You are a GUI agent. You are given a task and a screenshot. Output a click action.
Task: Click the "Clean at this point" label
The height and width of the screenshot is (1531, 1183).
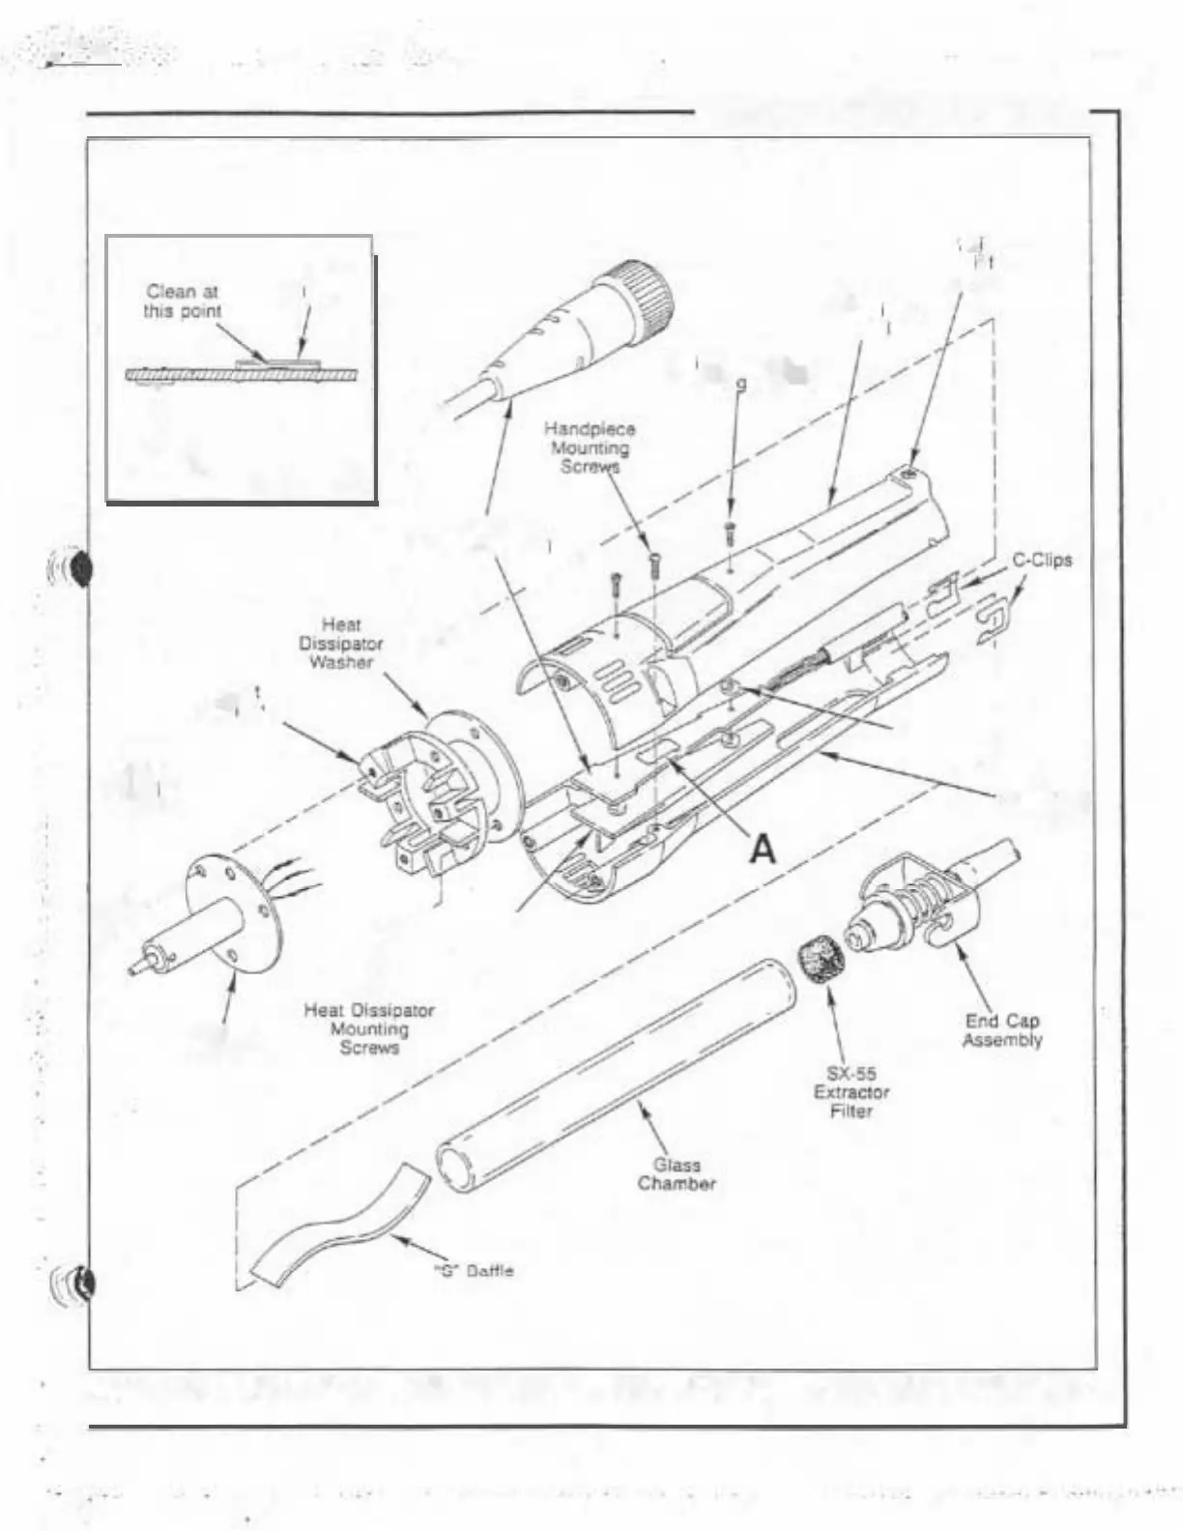(183, 301)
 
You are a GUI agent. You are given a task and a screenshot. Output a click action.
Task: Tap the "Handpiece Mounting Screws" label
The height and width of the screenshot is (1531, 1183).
(590, 448)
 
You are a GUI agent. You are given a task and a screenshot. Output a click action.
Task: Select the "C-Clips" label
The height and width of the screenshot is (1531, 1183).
(1042, 560)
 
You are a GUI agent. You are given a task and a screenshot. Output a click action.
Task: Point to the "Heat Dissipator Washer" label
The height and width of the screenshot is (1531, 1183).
(340, 644)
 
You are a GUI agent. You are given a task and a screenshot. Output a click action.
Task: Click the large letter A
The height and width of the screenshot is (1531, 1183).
(764, 849)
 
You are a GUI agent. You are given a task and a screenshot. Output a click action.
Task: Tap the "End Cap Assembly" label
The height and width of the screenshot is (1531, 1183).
(1002, 1030)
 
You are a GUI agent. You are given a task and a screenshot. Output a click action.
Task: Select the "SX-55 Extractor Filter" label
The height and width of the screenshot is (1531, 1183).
(851, 1092)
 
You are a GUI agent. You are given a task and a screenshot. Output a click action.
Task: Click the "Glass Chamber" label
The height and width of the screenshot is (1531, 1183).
(677, 1174)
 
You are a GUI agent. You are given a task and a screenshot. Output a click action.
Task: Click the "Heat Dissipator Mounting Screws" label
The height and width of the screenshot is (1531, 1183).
(369, 1028)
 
